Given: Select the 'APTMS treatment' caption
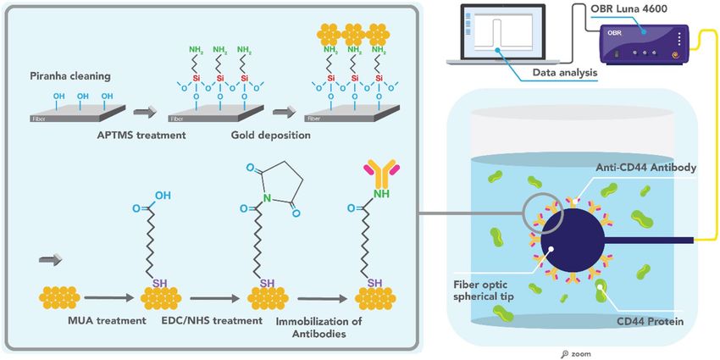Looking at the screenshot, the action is [x=135, y=136].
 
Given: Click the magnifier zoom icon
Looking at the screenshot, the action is [x=565, y=354].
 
